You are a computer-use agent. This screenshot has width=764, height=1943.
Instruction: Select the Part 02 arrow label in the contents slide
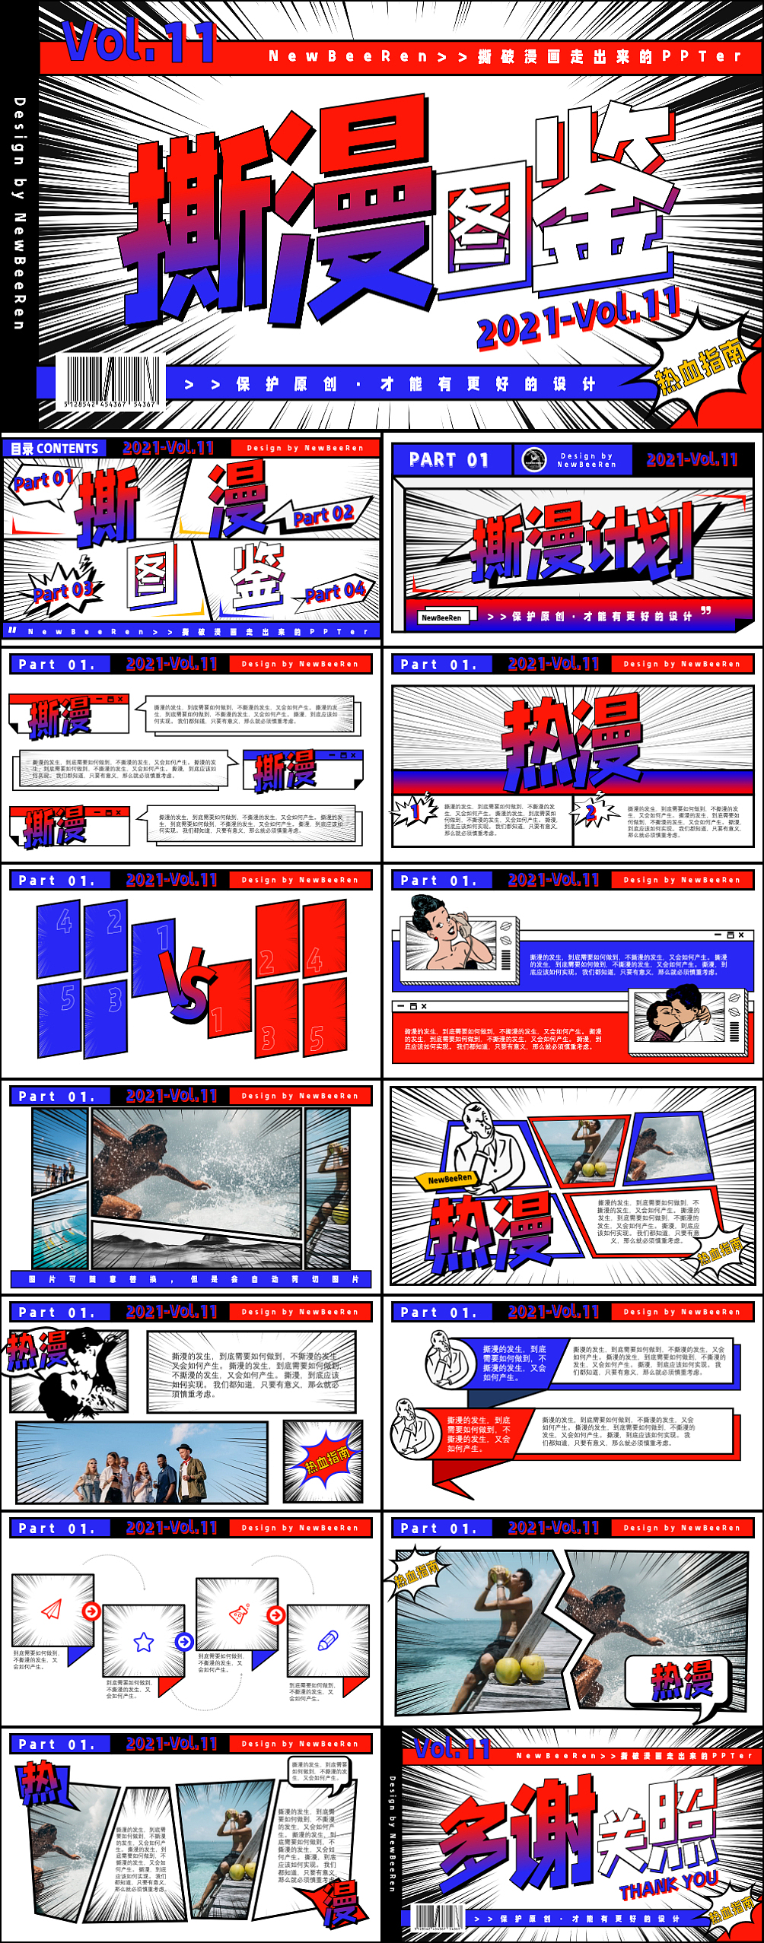pyautogui.click(x=323, y=516)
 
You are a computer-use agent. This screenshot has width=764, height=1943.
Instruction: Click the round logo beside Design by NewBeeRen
pyautogui.click(x=533, y=459)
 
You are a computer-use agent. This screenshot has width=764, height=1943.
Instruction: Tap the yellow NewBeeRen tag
pyautogui.click(x=450, y=1179)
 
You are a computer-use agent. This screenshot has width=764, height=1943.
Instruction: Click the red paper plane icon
pyautogui.click(x=51, y=1609)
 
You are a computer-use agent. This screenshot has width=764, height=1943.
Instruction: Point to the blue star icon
pyautogui.click(x=144, y=1642)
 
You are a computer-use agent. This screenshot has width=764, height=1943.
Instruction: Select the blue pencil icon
pyautogui.click(x=327, y=1640)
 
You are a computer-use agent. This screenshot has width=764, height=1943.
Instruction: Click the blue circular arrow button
pyautogui.click(x=184, y=1641)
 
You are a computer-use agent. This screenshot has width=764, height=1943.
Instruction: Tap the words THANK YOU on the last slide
pyautogui.click(x=668, y=1883)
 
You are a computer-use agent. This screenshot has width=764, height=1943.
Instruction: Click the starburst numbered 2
pyautogui.click(x=591, y=812)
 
